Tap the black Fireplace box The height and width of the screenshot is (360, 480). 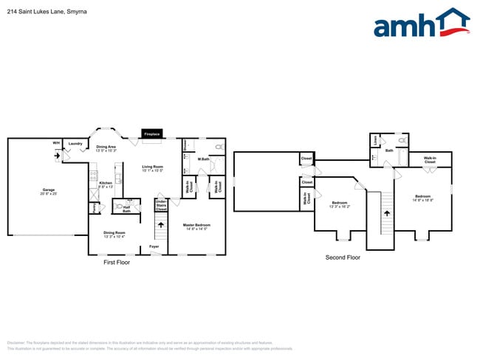(152, 134)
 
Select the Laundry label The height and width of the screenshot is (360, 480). (75, 143)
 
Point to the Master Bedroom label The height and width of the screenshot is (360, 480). (196, 224)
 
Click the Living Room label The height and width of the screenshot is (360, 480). (152, 167)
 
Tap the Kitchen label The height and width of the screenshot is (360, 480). (106, 183)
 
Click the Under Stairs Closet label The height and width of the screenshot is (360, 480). (161, 205)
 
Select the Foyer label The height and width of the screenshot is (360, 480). (154, 246)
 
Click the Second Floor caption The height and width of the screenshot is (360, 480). (343, 257)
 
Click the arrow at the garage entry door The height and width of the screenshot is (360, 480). (57, 156)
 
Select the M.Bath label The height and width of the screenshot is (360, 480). (204, 159)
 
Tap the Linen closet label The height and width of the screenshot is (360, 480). (376, 139)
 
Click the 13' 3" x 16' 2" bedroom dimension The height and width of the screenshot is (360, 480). (340, 207)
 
